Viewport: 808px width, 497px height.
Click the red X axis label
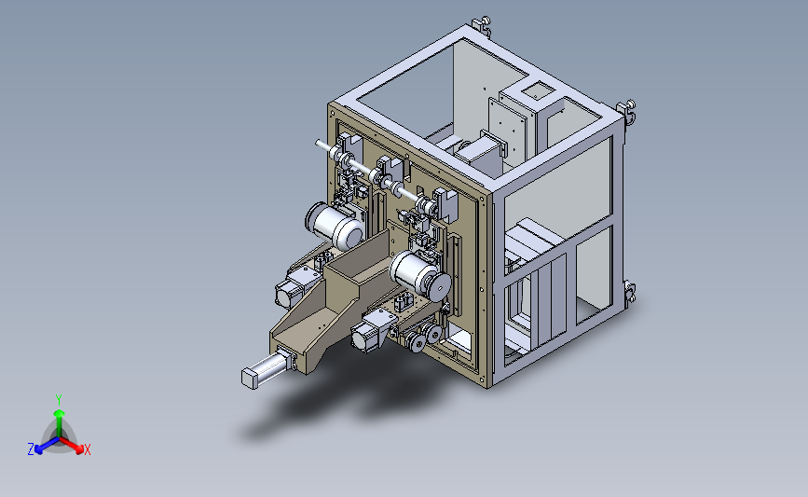pyautogui.click(x=87, y=449)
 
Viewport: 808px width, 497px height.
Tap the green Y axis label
pyautogui.click(x=59, y=400)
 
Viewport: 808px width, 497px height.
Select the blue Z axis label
pyautogui.click(x=31, y=449)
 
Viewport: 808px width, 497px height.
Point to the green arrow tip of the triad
pyautogui.click(x=60, y=413)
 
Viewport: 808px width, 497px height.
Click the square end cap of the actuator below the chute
pyautogui.click(x=250, y=379)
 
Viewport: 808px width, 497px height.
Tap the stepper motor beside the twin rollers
pyautogui.click(x=369, y=333)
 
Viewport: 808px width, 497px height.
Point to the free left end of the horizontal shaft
pyautogui.click(x=318, y=143)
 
